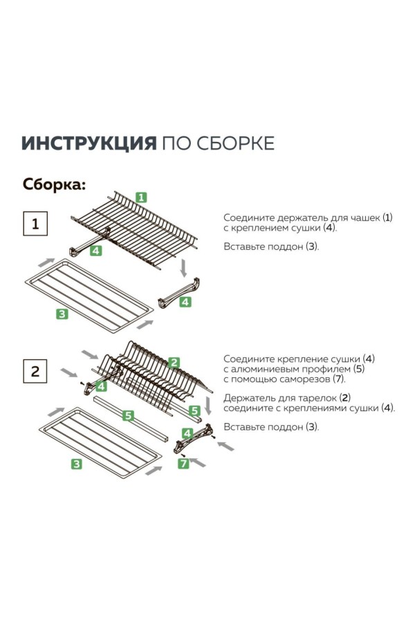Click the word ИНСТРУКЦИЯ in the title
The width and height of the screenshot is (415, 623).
(88, 143)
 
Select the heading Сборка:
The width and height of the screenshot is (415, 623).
(55, 185)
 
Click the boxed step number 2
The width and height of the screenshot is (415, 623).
(36, 371)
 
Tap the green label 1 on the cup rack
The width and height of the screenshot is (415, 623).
(141, 197)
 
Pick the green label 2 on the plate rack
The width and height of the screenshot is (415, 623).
(174, 362)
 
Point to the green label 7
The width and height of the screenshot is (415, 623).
(184, 464)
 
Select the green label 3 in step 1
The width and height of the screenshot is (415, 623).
(62, 314)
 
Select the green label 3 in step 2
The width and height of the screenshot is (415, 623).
(77, 464)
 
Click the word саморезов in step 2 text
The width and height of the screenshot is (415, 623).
(304, 379)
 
